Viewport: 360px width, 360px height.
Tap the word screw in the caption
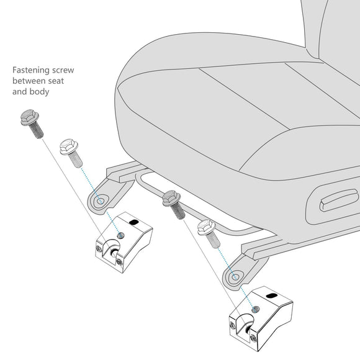coord(63,70)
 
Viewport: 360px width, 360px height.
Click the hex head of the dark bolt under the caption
coord(29,117)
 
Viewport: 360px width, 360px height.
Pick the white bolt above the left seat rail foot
coord(71,153)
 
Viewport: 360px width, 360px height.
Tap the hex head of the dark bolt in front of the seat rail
coord(171,197)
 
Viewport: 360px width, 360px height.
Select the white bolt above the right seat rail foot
coord(209,233)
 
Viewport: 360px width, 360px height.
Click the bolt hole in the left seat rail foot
coord(101,201)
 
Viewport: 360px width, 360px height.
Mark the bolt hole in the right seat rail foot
coord(235,277)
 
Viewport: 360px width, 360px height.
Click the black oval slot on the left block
coord(134,222)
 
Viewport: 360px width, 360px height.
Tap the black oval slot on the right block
coord(272,295)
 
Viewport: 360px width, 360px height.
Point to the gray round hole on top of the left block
coord(121,235)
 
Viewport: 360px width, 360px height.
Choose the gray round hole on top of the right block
coord(256,310)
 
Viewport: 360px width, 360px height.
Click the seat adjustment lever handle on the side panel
coord(339,200)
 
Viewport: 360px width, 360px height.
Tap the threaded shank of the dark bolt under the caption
coord(36,130)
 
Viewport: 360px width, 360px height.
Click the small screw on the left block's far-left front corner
coord(99,249)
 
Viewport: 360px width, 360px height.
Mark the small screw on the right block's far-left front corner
coord(232,325)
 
